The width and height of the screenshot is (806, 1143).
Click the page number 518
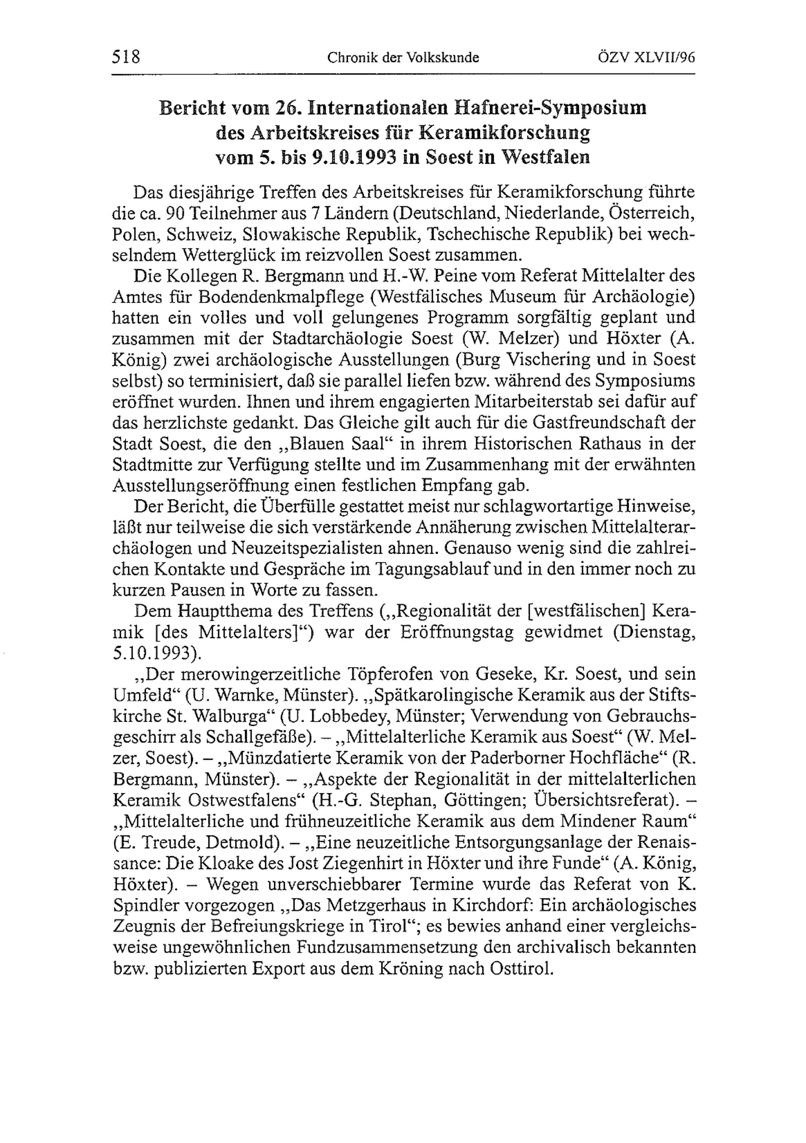pos(126,57)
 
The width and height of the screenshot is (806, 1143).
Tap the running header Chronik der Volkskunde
pos(403,58)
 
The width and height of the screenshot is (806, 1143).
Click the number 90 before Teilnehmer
pos(175,213)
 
